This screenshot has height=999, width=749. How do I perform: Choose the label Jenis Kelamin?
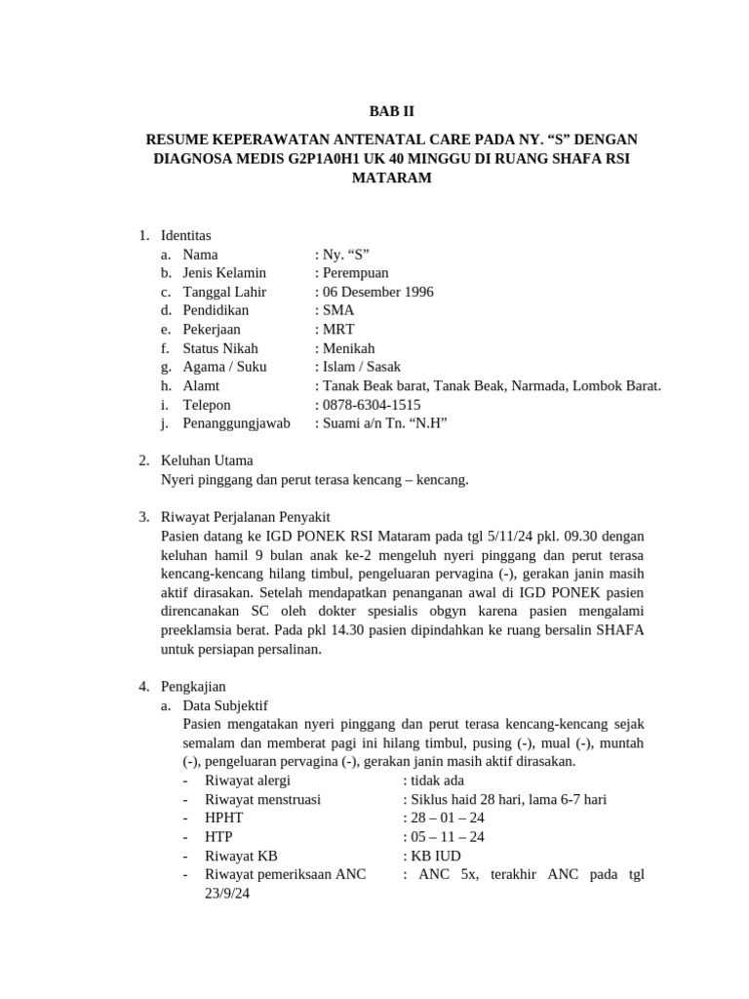224,273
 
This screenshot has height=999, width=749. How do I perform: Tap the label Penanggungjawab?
236,423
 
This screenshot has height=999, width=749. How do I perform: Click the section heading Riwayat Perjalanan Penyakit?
252,517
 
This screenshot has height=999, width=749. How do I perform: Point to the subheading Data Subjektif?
225,705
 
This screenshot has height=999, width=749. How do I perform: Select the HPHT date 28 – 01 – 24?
448,818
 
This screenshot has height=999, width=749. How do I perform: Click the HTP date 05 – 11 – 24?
448,837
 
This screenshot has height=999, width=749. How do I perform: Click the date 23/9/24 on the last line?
228,893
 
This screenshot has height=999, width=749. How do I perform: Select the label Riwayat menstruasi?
263,799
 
